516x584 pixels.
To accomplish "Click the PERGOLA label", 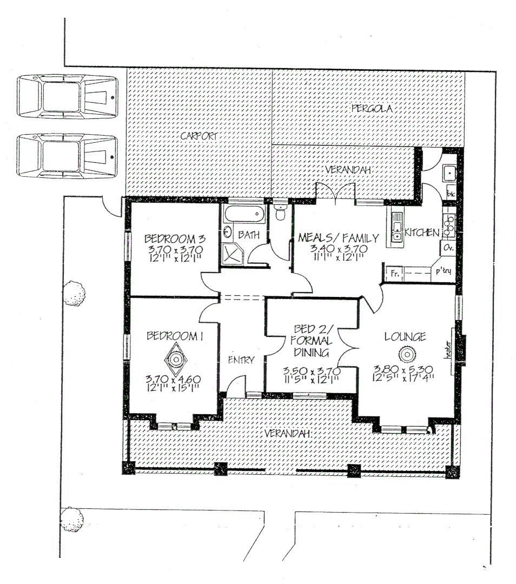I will pos(371,109).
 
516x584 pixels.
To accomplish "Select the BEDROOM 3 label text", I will pos(174,238).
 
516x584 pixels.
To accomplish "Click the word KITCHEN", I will pos(421,233).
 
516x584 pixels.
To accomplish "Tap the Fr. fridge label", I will pos(395,274).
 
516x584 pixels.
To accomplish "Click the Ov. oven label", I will pos(448,248).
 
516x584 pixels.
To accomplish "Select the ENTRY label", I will pos(241,360).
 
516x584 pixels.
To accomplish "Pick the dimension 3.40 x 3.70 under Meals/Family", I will pos(339,249).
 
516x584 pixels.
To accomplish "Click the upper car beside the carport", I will pos(67,97).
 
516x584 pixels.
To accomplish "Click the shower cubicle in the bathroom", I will pos(234,253).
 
